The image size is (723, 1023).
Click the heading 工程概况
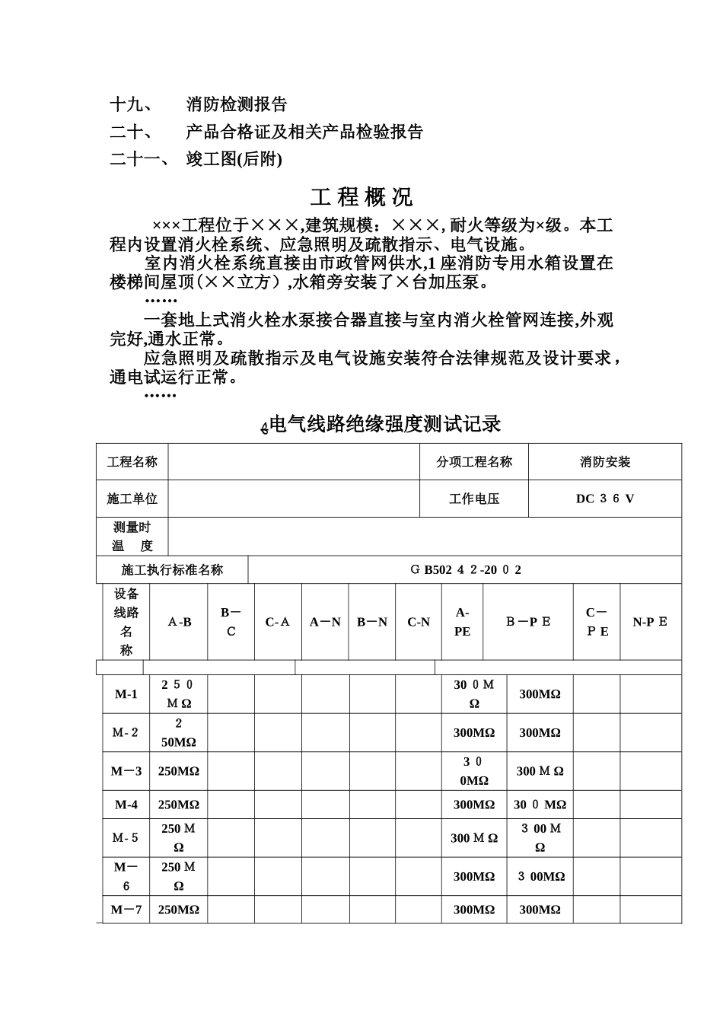pyautogui.click(x=361, y=197)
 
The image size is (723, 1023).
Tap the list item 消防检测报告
pyautogui.click(x=237, y=104)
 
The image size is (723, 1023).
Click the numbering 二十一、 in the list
pyautogui.click(x=139, y=159)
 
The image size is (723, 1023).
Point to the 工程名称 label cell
pyautogui.click(x=132, y=462)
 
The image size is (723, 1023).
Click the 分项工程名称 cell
pyautogui.click(x=474, y=462)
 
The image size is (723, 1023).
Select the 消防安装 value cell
pyautogui.click(x=605, y=462)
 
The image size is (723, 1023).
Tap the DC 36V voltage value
pyautogui.click(x=605, y=499)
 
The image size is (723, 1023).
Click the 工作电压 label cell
pyautogui.click(x=474, y=499)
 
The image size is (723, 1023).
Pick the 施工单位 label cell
pyautogui.click(x=132, y=499)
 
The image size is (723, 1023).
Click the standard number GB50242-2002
pyautogui.click(x=465, y=569)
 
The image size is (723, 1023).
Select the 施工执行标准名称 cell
pyautogui.click(x=172, y=569)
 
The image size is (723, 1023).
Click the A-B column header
pyautogui.click(x=180, y=622)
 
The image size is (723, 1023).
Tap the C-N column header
pyautogui.click(x=419, y=622)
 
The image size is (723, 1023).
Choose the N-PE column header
pyautogui.click(x=650, y=622)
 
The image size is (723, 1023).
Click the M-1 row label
pyautogui.click(x=126, y=694)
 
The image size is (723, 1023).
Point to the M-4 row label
pyautogui.click(x=126, y=805)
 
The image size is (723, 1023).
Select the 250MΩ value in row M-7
pyautogui.click(x=179, y=910)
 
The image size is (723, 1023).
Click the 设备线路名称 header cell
pyautogui.click(x=126, y=622)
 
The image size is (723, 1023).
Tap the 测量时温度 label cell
pyautogui.click(x=132, y=537)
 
